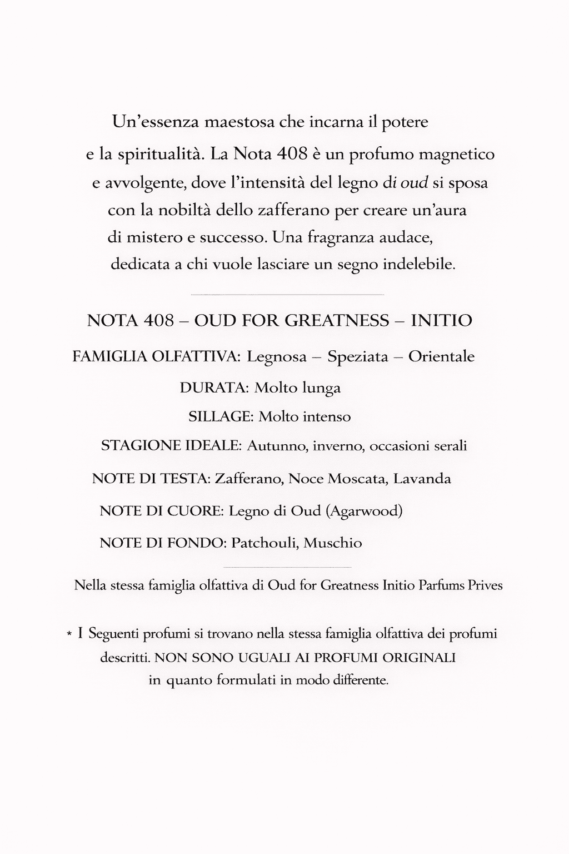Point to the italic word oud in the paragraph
414,183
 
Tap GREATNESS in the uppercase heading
337,320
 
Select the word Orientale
441,356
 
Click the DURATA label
214,388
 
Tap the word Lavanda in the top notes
422,478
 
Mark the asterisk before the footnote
69,634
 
